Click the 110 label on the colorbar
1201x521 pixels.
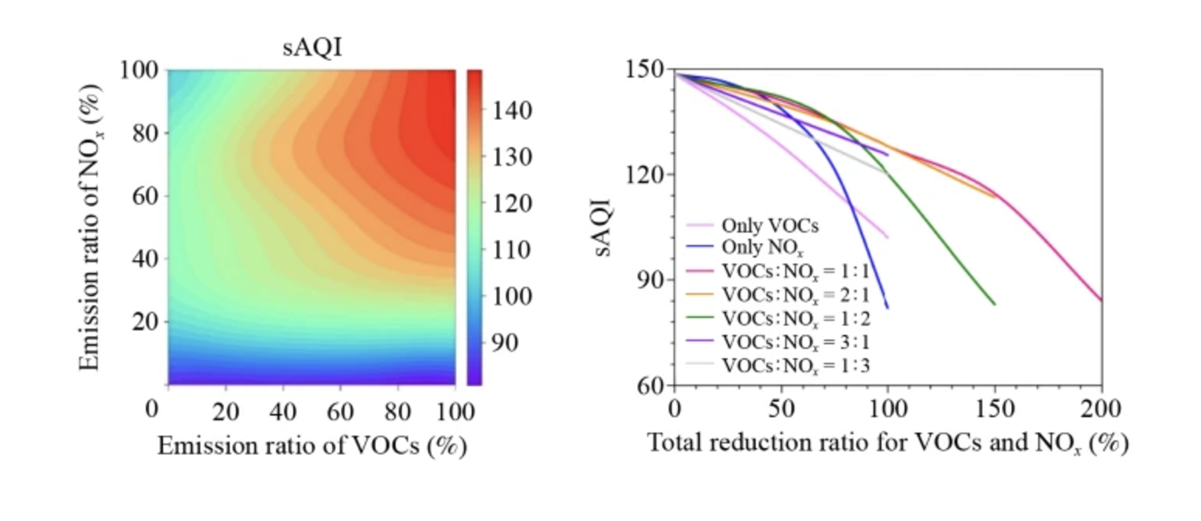[509, 250]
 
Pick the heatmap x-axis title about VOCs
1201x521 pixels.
[312, 446]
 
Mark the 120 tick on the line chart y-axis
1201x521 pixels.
[646, 174]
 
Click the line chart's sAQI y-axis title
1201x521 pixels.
[606, 226]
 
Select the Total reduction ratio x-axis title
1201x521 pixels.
[887, 444]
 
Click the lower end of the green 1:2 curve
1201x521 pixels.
[995, 304]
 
